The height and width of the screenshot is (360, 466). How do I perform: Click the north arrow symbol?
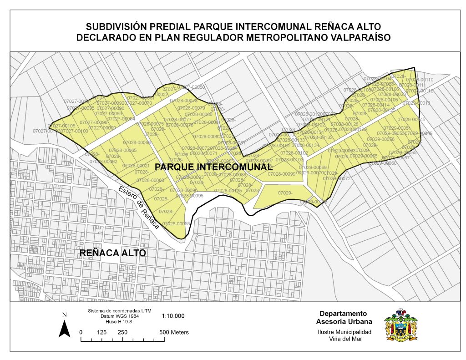[65, 326]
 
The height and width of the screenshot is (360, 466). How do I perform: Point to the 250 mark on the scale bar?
[122, 332]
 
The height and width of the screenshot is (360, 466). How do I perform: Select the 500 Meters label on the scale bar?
[174, 332]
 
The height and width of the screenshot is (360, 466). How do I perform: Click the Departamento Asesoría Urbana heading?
[343, 318]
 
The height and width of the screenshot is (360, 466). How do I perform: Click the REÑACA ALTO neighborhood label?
[112, 253]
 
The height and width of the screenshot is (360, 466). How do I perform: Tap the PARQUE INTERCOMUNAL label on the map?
[213, 167]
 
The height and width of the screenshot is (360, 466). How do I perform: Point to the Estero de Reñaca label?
[139, 207]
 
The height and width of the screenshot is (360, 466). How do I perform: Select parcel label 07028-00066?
[137, 142]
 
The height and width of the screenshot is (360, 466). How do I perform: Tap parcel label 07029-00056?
[381, 139]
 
